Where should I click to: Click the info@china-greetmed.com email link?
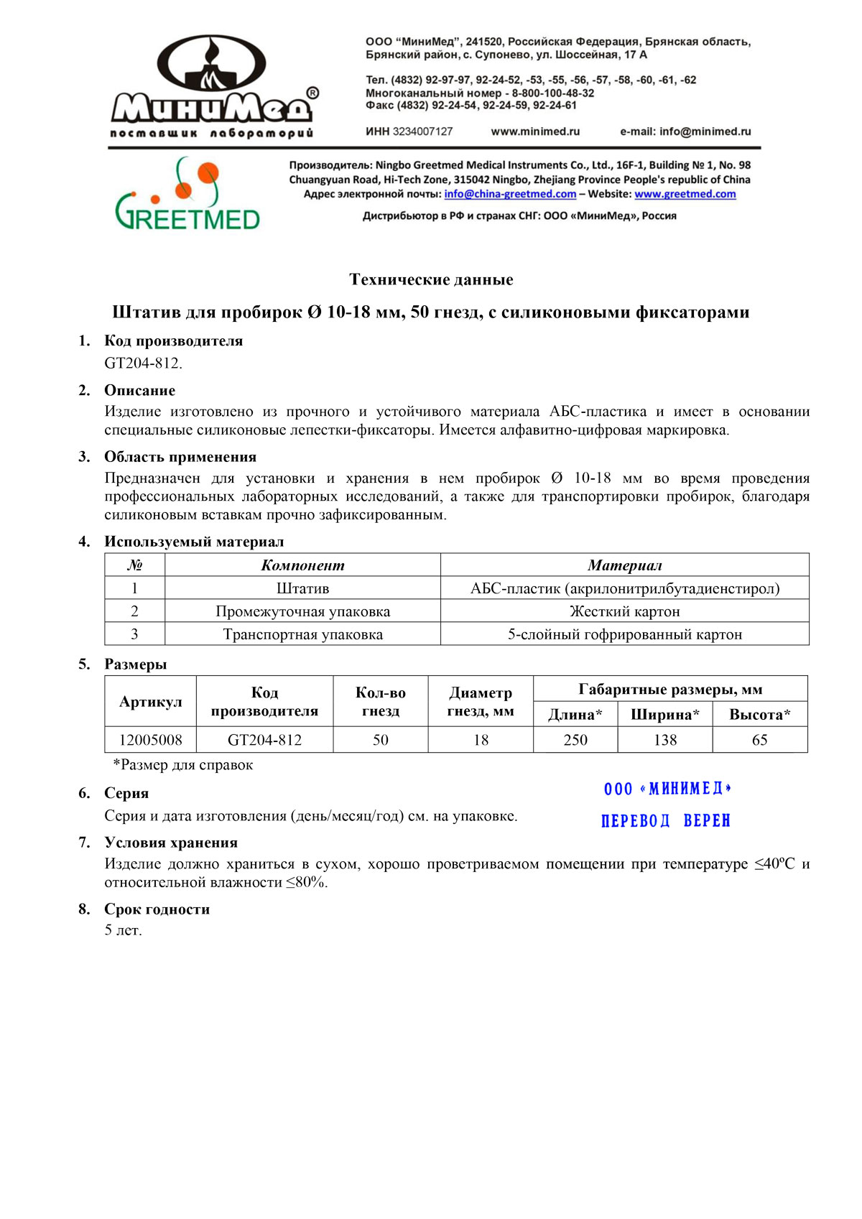click(510, 194)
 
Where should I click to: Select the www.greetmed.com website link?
click(685, 194)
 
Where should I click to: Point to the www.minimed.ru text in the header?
click(535, 131)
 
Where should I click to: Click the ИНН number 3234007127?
click(422, 131)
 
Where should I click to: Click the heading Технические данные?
click(431, 279)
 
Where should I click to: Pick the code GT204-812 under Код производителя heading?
click(143, 363)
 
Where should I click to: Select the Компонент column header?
click(302, 565)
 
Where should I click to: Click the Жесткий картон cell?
click(624, 611)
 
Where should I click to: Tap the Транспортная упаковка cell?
click(302, 634)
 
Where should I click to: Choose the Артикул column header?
click(150, 702)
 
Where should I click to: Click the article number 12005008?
click(150, 740)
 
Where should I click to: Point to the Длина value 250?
click(575, 740)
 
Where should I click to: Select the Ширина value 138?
click(665, 740)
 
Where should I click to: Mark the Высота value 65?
click(759, 740)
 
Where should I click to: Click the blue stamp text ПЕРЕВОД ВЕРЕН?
click(665, 820)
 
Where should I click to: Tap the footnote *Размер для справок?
click(183, 765)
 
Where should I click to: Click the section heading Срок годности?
click(157, 909)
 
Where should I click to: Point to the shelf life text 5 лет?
click(124, 930)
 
